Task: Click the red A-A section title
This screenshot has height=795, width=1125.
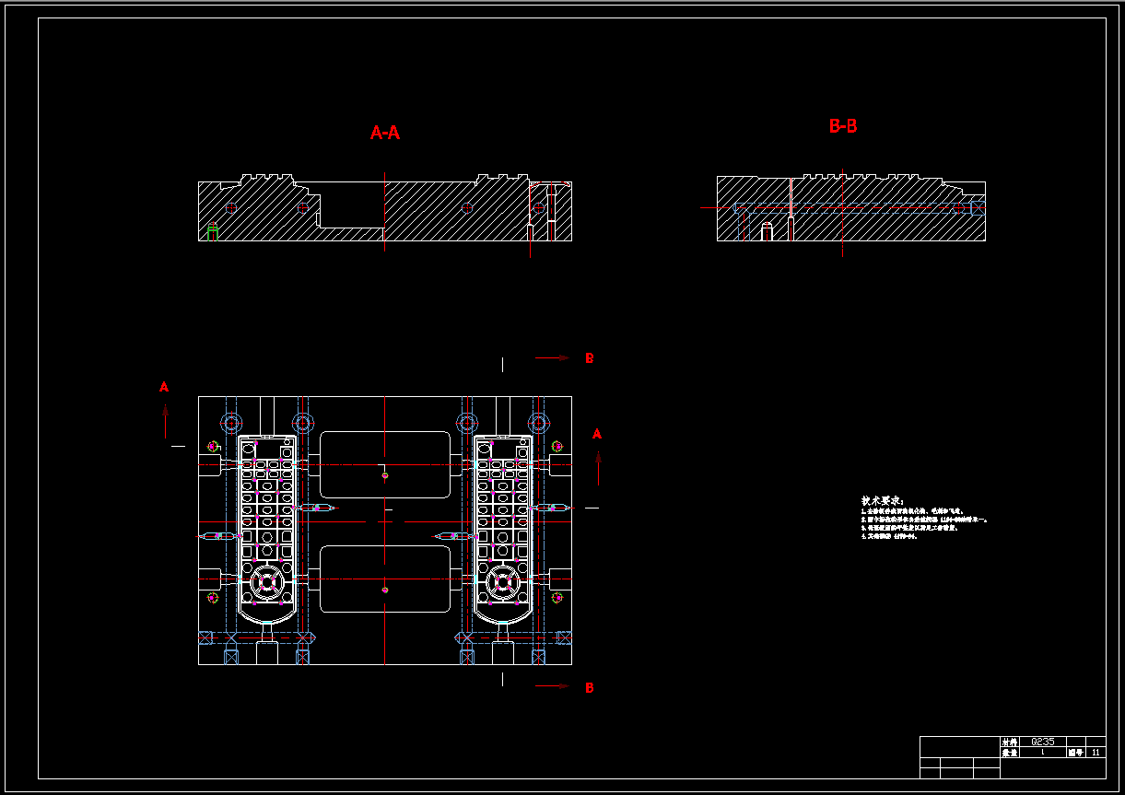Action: [385, 133]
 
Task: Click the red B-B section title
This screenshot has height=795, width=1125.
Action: [843, 126]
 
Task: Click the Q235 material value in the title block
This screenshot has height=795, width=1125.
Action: [1043, 742]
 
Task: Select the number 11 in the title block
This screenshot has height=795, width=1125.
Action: [1096, 753]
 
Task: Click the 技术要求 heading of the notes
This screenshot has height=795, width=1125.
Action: [883, 499]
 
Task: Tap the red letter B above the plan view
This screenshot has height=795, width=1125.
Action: [590, 358]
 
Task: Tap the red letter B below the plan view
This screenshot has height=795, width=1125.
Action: [590, 687]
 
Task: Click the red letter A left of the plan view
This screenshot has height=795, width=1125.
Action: [164, 387]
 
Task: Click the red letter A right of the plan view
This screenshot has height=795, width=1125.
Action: [597, 433]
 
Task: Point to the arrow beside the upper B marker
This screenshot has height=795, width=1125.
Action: [553, 358]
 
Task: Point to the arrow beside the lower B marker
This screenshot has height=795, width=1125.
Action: [553, 686]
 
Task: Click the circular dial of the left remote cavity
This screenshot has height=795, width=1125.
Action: [268, 581]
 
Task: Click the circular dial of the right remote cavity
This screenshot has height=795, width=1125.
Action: [503, 581]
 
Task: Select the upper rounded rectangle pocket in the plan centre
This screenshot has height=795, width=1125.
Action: [385, 464]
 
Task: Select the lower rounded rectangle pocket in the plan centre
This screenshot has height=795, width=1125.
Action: [385, 579]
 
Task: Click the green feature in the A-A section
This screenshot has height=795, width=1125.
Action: [213, 230]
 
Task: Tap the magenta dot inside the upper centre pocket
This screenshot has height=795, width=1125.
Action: [385, 475]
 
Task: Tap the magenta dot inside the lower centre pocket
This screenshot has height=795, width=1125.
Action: [385, 590]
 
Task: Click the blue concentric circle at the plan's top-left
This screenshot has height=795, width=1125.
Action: [230, 423]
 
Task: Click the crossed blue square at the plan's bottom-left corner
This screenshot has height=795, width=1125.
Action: [205, 637]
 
